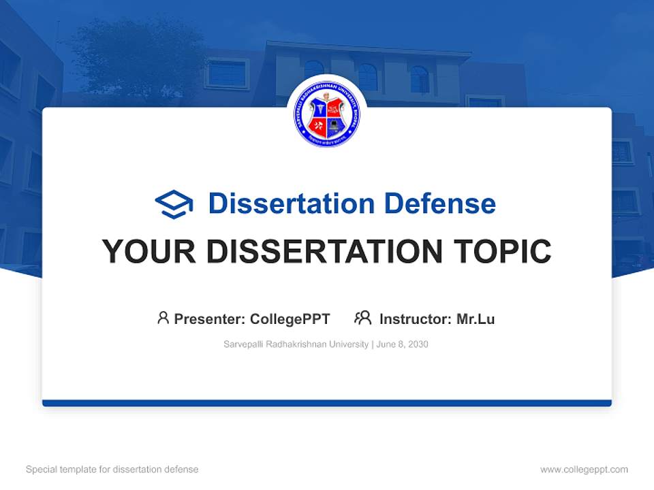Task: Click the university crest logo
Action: click(x=327, y=114)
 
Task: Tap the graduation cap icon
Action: click(x=174, y=203)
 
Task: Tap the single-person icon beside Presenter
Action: click(x=163, y=318)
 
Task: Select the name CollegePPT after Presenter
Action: click(x=290, y=318)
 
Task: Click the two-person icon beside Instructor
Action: click(x=362, y=318)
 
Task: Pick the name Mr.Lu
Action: click(x=476, y=318)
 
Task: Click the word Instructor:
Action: click(x=415, y=318)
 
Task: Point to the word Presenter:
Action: click(x=210, y=318)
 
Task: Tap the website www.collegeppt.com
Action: click(x=584, y=470)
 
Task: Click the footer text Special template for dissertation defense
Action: click(x=112, y=470)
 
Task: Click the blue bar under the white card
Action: click(x=327, y=403)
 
